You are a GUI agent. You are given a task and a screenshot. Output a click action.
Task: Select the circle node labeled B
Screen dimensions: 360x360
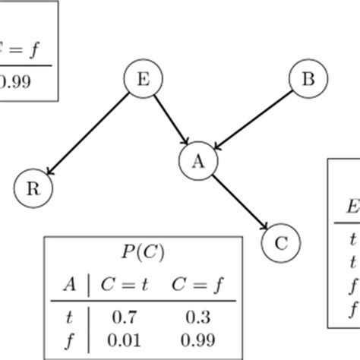pos(308,79)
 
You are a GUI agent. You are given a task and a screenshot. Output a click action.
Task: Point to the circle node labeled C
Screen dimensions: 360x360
pos(280,242)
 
